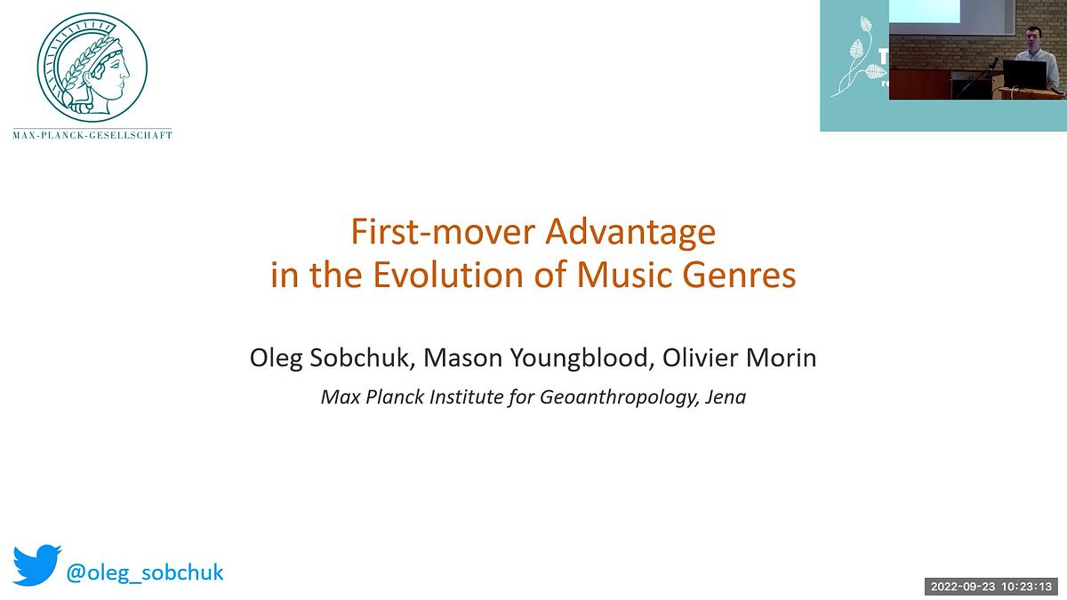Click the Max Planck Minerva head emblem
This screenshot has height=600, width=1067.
(x=92, y=69)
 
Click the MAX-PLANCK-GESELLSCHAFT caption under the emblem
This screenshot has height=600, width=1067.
(x=92, y=136)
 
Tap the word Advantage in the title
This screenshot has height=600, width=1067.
(x=630, y=232)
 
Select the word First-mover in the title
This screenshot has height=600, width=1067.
(x=443, y=232)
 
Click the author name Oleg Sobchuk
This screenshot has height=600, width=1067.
(x=331, y=358)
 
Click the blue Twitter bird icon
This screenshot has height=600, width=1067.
(x=36, y=566)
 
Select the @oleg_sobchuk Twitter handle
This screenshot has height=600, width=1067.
(x=146, y=572)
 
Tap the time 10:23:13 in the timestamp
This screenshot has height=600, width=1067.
(x=1028, y=587)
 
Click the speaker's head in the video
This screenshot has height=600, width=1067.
(x=1032, y=41)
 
